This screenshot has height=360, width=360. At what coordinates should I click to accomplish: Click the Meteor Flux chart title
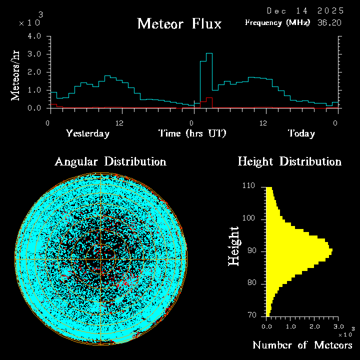(x=179, y=24)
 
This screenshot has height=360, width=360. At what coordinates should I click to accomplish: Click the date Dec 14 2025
(x=305, y=10)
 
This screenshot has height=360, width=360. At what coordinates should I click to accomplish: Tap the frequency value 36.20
(x=330, y=22)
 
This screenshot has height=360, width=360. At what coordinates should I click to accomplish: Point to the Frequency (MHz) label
(x=277, y=22)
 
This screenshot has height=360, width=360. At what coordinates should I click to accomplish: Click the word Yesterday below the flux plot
(x=87, y=133)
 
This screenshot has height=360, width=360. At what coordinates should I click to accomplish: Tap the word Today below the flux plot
(x=301, y=133)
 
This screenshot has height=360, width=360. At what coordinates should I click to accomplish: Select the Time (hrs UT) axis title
(x=192, y=133)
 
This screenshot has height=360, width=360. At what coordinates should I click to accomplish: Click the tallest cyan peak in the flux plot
(x=209, y=53)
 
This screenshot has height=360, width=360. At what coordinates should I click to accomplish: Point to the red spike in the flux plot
(x=209, y=98)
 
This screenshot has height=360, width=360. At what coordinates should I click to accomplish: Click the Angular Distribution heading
(x=110, y=161)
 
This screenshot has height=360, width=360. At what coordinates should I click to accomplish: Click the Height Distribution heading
(x=289, y=161)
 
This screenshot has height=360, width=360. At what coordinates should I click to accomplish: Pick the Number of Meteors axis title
(x=302, y=345)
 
